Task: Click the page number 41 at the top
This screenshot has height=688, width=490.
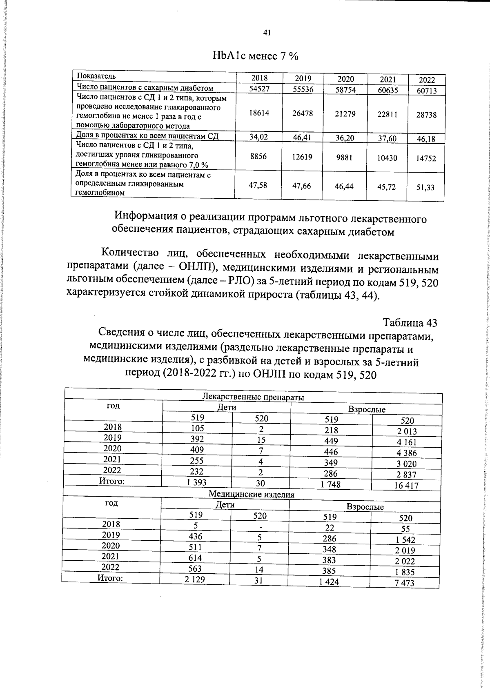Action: click(267, 33)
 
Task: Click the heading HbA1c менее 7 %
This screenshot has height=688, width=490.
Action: click(256, 56)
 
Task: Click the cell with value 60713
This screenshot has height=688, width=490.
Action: click(426, 91)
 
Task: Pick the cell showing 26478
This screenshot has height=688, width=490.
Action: click(303, 113)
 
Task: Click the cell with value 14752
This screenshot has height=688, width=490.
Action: click(426, 158)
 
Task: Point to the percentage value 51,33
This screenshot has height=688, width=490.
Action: click(426, 188)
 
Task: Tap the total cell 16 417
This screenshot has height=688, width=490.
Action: click(406, 485)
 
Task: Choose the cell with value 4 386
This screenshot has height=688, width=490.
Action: click(406, 453)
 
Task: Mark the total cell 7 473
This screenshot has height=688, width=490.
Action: click(405, 583)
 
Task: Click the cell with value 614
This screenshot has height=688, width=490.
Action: click(195, 558)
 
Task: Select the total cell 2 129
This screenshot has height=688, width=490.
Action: click(195, 579)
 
